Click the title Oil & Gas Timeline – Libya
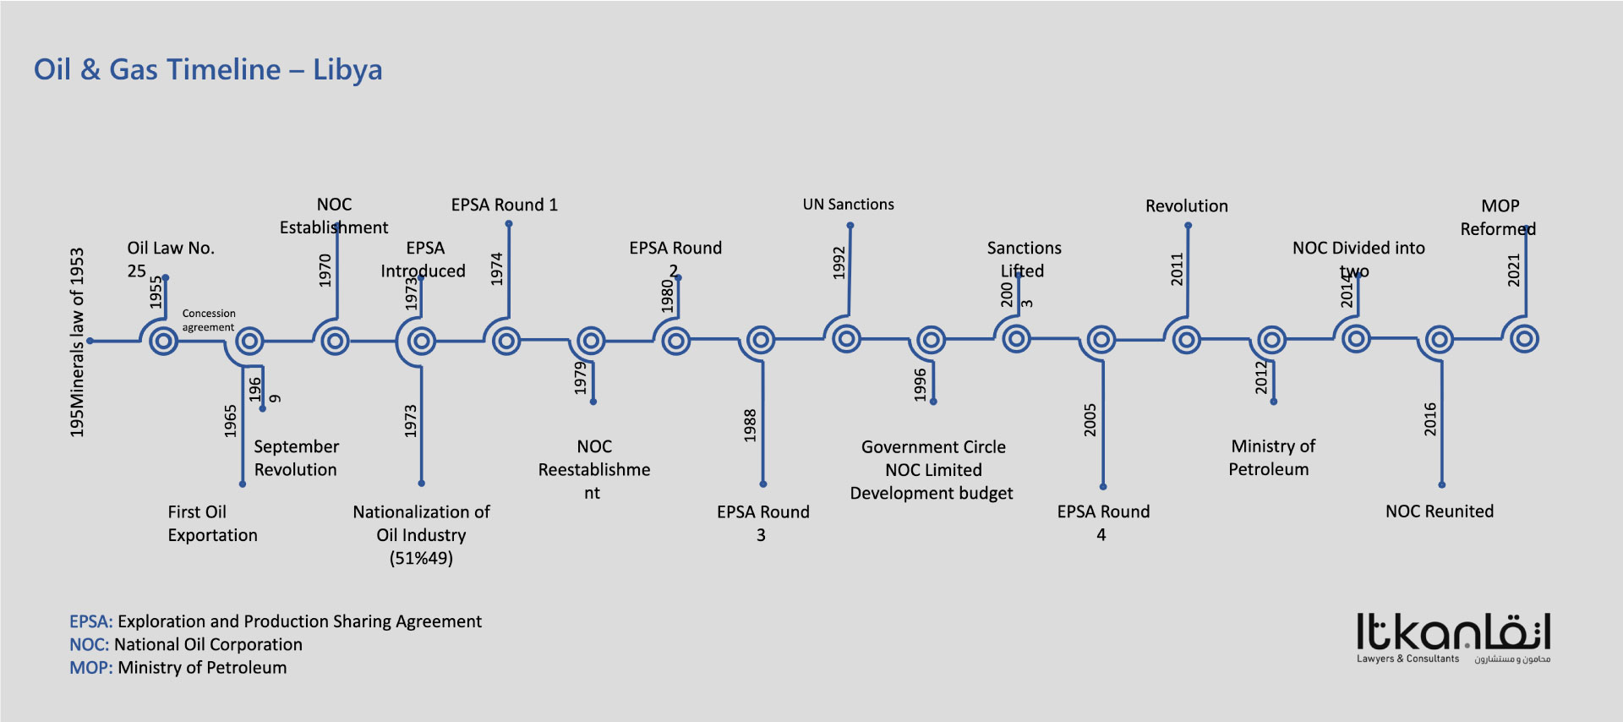pos(208,69)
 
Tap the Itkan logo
pos(1453,638)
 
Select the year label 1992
pos(839,263)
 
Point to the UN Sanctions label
pos(848,205)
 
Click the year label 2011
pos(1177,269)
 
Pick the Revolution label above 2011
pos(1186,206)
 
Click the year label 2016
pos(1429,419)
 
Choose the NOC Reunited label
pos(1439,511)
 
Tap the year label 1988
pos(750,425)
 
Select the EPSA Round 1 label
pos(504,205)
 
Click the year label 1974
pos(497,269)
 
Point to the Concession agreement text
pos(208,320)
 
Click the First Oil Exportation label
pos(212,523)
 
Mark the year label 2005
pos(1090,420)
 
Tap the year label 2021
pos(1513,271)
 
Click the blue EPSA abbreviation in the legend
pos(90,621)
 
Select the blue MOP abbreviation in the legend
pos(90,668)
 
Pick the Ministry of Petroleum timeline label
pos(1271,457)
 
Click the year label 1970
pos(325,271)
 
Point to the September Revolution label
pos(296,458)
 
